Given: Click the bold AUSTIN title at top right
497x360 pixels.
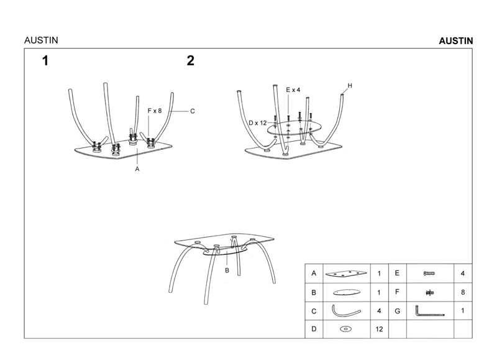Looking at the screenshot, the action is click(456, 40).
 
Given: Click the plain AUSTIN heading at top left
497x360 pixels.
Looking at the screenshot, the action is click(41, 40).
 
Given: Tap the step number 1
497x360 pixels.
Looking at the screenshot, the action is click(45, 61).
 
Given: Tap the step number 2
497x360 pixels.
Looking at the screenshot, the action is click(191, 60).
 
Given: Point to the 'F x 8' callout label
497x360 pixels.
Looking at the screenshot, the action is click(155, 111).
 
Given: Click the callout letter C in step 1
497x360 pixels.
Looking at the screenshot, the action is click(193, 111).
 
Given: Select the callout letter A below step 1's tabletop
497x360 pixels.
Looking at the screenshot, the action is click(137, 169).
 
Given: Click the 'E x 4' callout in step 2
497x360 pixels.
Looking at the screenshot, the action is click(293, 90).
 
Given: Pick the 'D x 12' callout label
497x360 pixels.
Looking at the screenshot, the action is click(258, 123).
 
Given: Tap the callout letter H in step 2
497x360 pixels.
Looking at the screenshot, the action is click(350, 86).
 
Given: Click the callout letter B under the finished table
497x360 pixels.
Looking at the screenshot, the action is click(227, 270).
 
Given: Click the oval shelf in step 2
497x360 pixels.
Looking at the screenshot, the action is click(294, 128).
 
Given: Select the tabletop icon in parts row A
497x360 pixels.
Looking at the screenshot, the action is click(346, 274).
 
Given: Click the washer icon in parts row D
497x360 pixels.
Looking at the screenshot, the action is click(346, 330).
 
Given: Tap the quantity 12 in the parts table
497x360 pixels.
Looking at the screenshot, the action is click(380, 330).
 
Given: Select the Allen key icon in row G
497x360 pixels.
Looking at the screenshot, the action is click(429, 311).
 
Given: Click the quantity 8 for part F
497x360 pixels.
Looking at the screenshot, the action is click(463, 292).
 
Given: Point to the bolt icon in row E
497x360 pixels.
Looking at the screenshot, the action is click(429, 274).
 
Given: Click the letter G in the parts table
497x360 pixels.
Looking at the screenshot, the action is click(397, 311).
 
